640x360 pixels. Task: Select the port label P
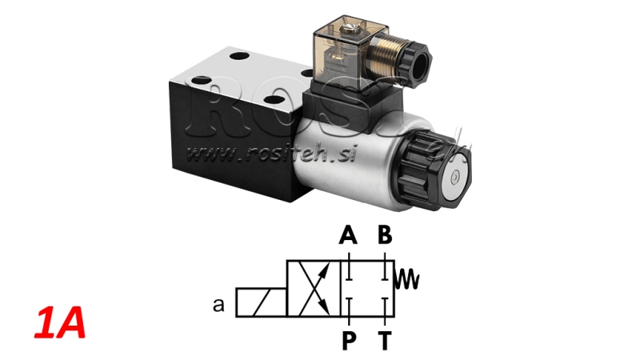coord(349,340)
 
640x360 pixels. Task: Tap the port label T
coord(385,340)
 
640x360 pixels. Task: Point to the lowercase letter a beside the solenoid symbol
coord(218,304)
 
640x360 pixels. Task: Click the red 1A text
coord(58,326)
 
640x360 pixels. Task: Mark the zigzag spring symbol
coord(409,278)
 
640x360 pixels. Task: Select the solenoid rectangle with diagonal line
coord(260,303)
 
